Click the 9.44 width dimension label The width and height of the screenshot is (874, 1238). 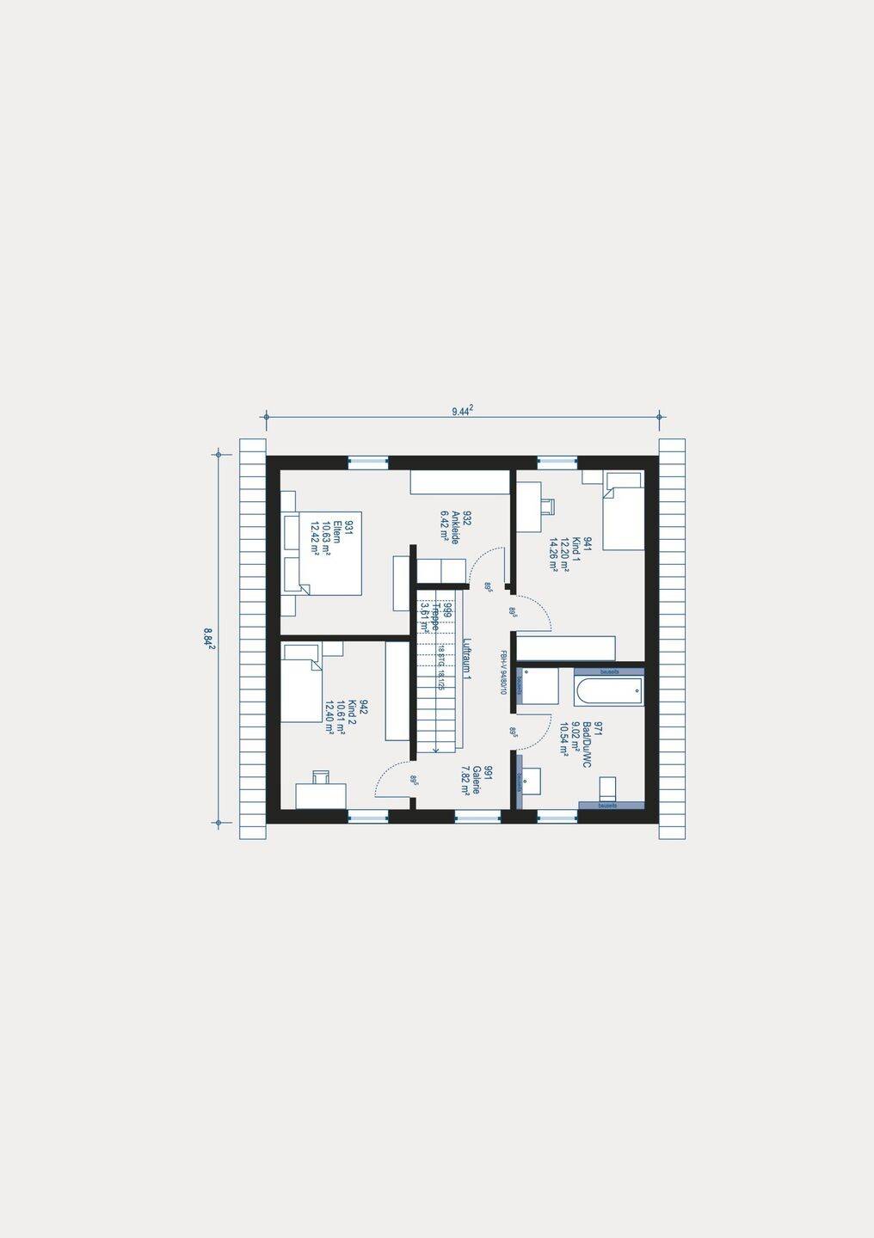pyautogui.click(x=463, y=411)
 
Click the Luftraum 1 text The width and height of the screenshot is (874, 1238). pyautogui.click(x=466, y=659)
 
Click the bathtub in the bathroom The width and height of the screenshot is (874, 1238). pyautogui.click(x=608, y=690)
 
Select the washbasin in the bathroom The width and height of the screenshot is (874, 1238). pyautogui.click(x=531, y=781)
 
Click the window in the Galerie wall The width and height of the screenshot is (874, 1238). pyautogui.click(x=477, y=816)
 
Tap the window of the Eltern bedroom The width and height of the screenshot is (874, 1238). pyautogui.click(x=367, y=462)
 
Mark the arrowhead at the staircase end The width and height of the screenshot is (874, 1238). pyautogui.click(x=436, y=750)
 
